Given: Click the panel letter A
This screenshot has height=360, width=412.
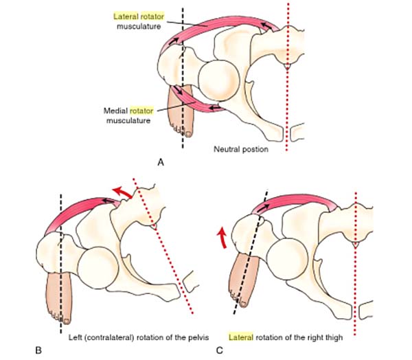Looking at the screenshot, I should point(160,163).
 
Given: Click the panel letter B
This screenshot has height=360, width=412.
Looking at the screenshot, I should point(38,350).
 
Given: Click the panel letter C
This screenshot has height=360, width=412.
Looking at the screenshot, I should point(219,350).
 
